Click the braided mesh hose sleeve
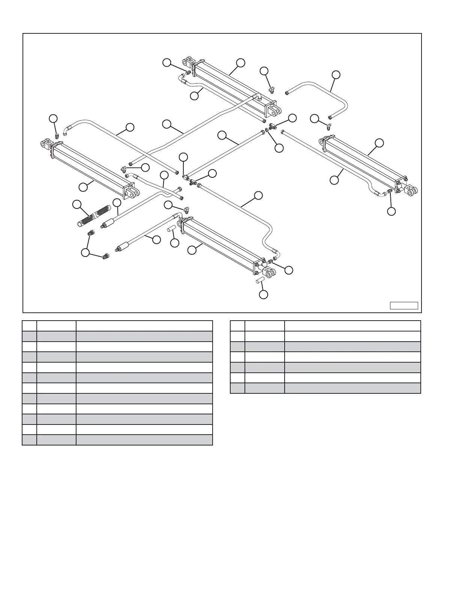coord(92,216)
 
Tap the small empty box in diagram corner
coord(403,305)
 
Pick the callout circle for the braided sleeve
coord(77,204)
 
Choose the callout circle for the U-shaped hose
coord(336,75)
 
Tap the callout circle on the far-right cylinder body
coord(379,143)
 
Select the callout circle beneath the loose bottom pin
coord(264,294)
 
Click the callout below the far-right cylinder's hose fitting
coord(391,211)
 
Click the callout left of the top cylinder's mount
coord(167,63)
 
